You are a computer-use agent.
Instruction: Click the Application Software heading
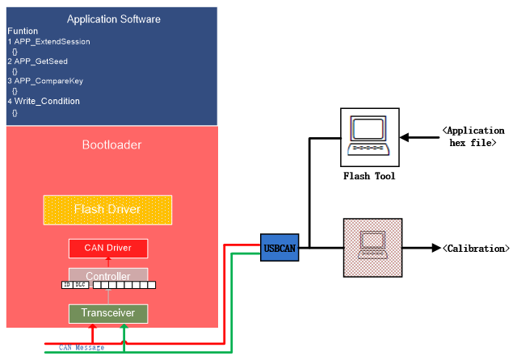click(x=113, y=19)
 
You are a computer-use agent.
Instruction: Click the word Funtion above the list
click(x=23, y=31)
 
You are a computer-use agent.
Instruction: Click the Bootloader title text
click(x=111, y=145)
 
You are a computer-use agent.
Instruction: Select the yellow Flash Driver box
click(x=107, y=210)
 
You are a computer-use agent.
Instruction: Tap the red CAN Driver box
click(x=107, y=247)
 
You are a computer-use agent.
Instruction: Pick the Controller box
click(x=107, y=276)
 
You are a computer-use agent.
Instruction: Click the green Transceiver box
click(x=107, y=312)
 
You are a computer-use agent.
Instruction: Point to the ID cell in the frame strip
click(x=67, y=285)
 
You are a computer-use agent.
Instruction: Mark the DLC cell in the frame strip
click(x=80, y=285)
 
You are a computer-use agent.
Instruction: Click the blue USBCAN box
click(x=280, y=247)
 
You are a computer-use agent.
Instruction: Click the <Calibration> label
click(x=476, y=249)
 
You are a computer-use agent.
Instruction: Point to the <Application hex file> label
click(x=473, y=136)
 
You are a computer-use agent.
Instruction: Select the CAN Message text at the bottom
click(x=82, y=348)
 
